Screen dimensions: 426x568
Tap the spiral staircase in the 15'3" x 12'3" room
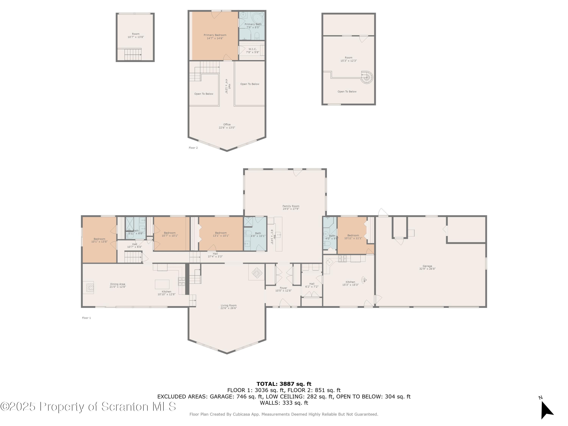367,77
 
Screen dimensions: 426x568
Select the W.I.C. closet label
252,49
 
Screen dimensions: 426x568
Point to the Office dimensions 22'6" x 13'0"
227,128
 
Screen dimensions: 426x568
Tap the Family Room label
291,206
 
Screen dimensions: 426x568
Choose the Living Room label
229,306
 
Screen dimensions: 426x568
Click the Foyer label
283,288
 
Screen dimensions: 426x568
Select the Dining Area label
118,284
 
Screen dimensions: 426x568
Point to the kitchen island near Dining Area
162,284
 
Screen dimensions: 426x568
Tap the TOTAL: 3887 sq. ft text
284,384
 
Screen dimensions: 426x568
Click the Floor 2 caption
193,148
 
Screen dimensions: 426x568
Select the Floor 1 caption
86,318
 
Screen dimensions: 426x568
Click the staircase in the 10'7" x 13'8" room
133,55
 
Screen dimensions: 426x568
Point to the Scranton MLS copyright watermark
88,406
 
